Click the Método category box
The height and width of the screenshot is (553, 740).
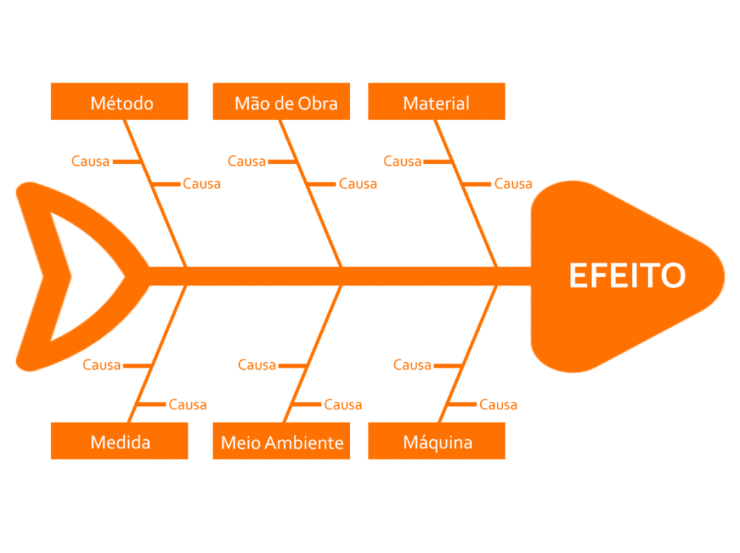(x=119, y=101)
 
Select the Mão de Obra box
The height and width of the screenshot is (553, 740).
(x=281, y=101)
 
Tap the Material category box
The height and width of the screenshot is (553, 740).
(x=437, y=101)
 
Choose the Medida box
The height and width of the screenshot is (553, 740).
(x=119, y=441)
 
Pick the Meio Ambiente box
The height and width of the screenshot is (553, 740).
(x=281, y=441)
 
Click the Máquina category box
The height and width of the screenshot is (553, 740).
(x=437, y=441)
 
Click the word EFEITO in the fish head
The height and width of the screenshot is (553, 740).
(x=627, y=275)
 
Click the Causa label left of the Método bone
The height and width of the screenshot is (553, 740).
(x=90, y=161)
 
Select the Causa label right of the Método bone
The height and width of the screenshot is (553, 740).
(x=202, y=184)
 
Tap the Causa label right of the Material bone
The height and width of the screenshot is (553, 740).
(x=513, y=184)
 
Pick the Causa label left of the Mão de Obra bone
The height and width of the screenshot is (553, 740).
(x=247, y=161)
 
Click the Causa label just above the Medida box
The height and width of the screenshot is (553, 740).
(x=187, y=405)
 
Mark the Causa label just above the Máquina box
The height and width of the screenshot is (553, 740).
(x=498, y=405)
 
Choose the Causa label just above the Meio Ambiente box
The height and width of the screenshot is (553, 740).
(x=342, y=405)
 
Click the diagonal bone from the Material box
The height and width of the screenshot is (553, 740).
(x=466, y=194)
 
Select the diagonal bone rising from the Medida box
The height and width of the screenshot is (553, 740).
(x=157, y=354)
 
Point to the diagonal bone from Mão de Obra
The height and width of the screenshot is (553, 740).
(x=310, y=194)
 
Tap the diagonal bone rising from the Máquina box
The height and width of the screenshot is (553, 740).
(x=468, y=354)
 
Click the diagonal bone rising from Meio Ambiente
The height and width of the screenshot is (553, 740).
(x=313, y=354)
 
